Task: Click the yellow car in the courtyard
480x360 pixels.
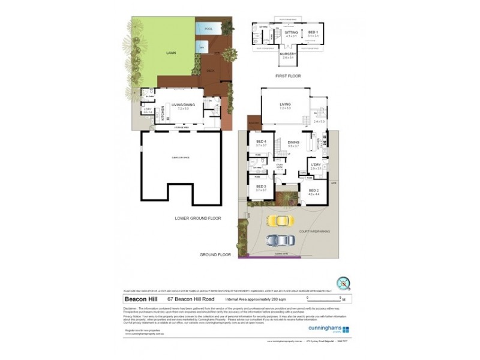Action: point(279,220)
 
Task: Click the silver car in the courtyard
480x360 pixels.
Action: point(279,240)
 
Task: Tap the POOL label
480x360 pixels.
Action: point(208,29)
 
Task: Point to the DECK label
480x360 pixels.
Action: point(211,70)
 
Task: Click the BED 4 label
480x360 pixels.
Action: point(260,142)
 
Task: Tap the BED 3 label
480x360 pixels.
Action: point(260,188)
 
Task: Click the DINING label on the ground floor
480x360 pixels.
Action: point(293,142)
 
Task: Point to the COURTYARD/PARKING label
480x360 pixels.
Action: point(322,231)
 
